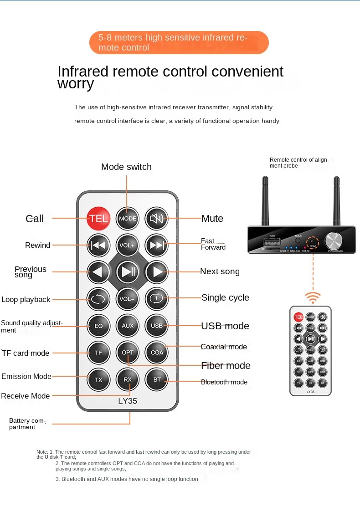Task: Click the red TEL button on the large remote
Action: tap(98, 218)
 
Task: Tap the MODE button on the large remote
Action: tap(128, 218)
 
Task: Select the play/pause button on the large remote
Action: tap(128, 272)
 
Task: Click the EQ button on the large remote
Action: tap(98, 326)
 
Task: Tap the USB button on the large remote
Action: tap(157, 326)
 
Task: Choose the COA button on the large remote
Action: tap(157, 352)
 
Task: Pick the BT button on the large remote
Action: tap(157, 379)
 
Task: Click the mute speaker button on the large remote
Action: tap(157, 218)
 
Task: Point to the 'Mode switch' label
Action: tap(126, 167)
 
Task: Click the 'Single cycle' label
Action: tap(225, 297)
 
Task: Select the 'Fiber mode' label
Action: tap(226, 365)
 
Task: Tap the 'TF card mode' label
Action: tap(26, 353)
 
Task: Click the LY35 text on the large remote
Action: tap(128, 401)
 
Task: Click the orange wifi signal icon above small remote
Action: tap(313, 297)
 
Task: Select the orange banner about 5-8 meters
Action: tap(179, 42)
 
